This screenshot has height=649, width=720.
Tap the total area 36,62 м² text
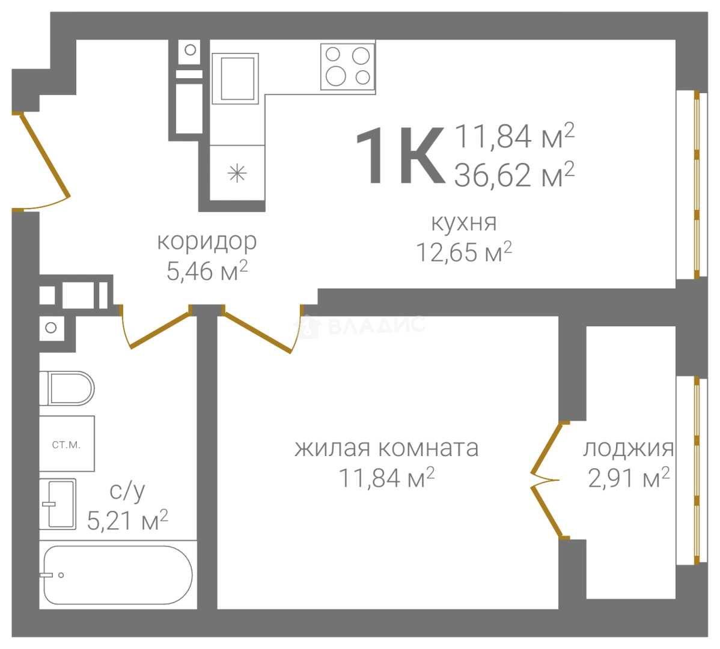(x=514, y=175)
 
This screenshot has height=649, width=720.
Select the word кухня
(x=464, y=222)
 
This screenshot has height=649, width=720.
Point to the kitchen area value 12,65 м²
(x=464, y=252)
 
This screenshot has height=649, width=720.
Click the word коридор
(x=207, y=242)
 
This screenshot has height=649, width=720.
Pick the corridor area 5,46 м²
(x=207, y=272)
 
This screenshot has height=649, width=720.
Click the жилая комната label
(x=386, y=448)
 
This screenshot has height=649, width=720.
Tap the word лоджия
(x=628, y=448)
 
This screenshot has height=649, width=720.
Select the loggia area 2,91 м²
(x=628, y=479)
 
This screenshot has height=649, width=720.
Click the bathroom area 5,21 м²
(x=127, y=520)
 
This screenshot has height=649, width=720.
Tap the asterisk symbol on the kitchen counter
(x=237, y=174)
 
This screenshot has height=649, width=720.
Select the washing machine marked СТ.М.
(x=67, y=445)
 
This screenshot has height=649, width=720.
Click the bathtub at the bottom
(x=118, y=575)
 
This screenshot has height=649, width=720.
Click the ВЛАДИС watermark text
(x=376, y=325)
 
